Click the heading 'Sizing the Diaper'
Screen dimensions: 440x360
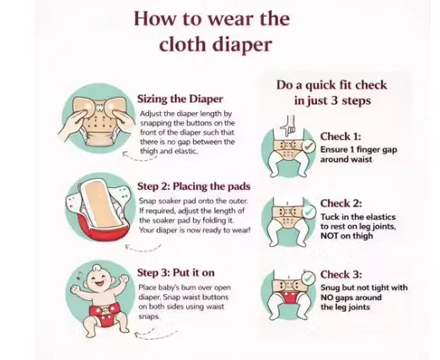180,99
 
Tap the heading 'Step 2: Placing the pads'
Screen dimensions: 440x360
194,186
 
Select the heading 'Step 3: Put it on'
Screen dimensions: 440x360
175,272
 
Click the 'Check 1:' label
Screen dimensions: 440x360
341,137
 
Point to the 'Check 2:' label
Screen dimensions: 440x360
341,203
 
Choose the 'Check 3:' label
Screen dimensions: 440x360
341,274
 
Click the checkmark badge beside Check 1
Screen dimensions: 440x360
309,147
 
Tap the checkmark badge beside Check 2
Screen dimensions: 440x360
309,212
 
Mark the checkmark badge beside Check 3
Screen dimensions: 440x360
309,278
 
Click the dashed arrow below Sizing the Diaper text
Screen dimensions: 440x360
139,157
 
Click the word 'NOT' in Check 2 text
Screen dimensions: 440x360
330,236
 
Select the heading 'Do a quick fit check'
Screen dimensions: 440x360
332,85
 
